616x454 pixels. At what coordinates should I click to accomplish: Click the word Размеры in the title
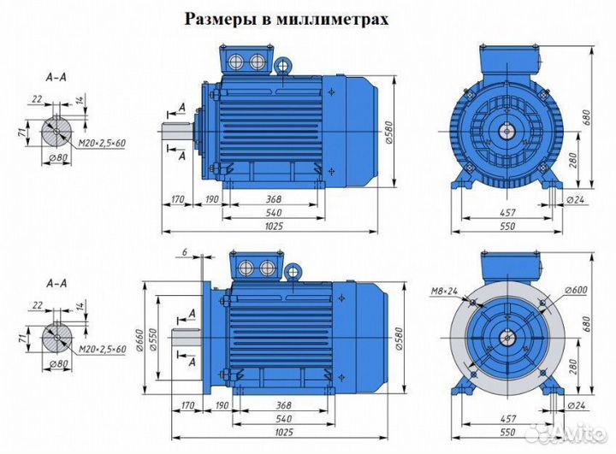coord(219,19)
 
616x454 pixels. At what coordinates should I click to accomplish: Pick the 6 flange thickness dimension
coord(184,253)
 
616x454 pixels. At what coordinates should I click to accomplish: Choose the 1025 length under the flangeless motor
coord(274,226)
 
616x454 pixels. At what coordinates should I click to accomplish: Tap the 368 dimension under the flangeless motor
coord(274,198)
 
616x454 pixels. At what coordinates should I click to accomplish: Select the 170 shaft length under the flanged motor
coord(178,406)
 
